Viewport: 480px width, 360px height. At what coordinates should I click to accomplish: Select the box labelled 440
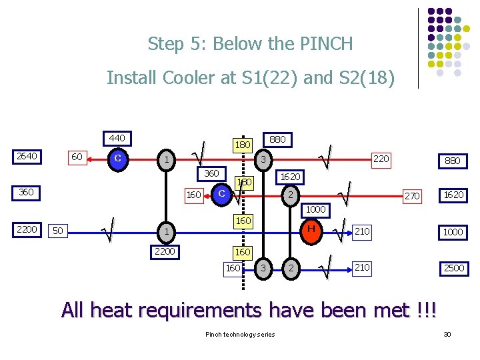pos(117,138)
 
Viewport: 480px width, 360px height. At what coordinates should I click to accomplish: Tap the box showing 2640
pos(27,156)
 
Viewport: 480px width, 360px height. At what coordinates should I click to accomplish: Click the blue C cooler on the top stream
pos(117,159)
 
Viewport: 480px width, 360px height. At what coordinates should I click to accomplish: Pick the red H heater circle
pos(309,229)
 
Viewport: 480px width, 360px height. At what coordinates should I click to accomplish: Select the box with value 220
pos(381,159)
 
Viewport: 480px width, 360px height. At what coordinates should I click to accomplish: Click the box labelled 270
pos(412,196)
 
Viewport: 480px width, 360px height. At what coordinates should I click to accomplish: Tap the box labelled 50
pos(59,231)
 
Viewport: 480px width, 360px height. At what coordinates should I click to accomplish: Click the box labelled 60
pos(77,157)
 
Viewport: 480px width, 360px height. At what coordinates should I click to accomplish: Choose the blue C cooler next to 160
pos(221,193)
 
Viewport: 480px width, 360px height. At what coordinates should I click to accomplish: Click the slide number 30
pos(447,333)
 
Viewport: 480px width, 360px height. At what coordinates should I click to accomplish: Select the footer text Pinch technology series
pos(240,333)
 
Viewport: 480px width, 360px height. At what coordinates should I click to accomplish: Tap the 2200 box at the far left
pos(27,229)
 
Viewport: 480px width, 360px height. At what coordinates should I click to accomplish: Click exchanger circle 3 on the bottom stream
pos(263,268)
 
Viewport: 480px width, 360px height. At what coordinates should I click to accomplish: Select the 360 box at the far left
pos(27,192)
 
